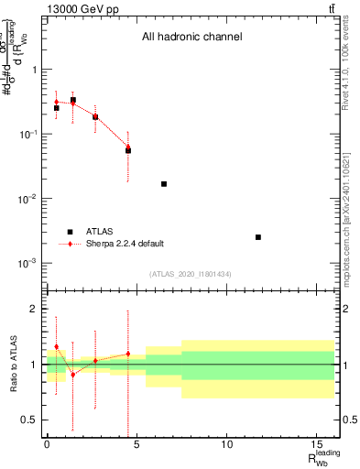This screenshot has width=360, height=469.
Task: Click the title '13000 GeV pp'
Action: coord(78,9)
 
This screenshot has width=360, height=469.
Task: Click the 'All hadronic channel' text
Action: coord(191,38)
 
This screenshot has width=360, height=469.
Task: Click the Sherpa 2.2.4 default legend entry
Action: coord(124,244)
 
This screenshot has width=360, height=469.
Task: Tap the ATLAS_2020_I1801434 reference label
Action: coord(191,274)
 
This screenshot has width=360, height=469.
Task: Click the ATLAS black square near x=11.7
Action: coord(258,237)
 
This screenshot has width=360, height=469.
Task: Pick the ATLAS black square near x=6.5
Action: coord(164,184)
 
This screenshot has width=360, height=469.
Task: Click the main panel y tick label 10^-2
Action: coord(27,199)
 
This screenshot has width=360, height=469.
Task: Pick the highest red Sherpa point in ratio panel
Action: coord(56,346)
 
